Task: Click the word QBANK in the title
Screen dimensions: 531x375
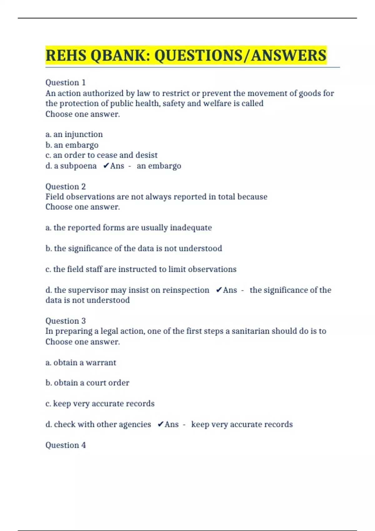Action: tap(119, 56)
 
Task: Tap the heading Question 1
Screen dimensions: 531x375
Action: tap(65, 82)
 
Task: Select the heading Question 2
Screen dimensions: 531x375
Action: tap(65, 186)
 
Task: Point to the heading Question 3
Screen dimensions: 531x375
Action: tap(65, 321)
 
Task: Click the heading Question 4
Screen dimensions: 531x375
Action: tap(65, 445)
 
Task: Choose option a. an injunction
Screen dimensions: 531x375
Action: tap(74, 134)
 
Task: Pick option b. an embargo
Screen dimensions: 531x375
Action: tap(72, 145)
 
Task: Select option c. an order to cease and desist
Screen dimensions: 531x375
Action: tap(102, 155)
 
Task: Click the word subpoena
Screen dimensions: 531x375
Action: tap(78, 166)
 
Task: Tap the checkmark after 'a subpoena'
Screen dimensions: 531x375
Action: tap(106, 166)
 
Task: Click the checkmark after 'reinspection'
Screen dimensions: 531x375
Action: tap(219, 290)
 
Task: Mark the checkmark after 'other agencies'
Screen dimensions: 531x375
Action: tap(160, 424)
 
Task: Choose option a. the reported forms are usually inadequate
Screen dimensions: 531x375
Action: tap(128, 228)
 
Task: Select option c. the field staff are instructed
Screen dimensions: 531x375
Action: tap(141, 269)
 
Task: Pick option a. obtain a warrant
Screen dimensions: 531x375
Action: tap(81, 363)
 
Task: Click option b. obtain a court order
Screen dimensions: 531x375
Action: tap(87, 383)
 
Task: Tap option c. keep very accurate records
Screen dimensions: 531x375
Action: tap(100, 404)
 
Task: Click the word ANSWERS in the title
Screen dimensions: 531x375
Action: tap(289, 56)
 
